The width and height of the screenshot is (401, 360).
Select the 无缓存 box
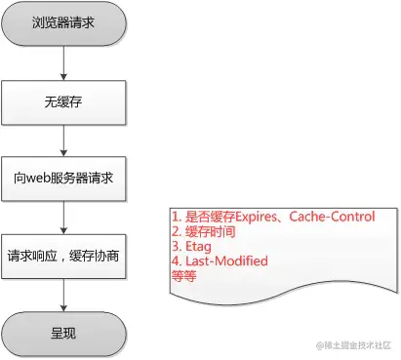click(x=62, y=101)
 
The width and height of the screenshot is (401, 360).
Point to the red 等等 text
click(x=182, y=276)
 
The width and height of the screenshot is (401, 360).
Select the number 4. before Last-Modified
click(x=176, y=261)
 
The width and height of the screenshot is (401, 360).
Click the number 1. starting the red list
click(x=176, y=218)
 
